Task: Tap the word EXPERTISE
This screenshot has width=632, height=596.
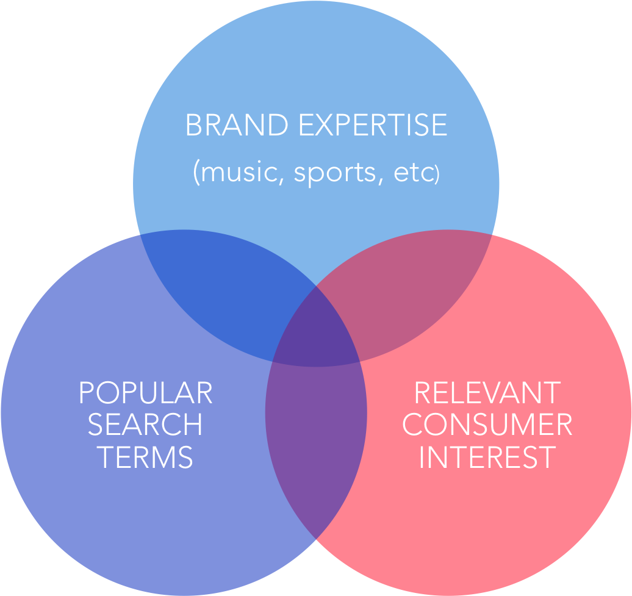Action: pyautogui.click(x=373, y=126)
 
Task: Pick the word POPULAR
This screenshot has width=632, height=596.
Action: pyautogui.click(x=145, y=393)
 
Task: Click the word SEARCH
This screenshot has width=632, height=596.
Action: pyautogui.click(x=145, y=425)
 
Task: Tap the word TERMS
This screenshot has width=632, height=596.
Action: pyautogui.click(x=145, y=457)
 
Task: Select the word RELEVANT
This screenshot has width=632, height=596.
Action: pyautogui.click(x=487, y=393)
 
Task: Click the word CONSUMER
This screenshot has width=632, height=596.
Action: pyautogui.click(x=487, y=425)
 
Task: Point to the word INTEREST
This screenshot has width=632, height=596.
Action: pyautogui.click(x=487, y=457)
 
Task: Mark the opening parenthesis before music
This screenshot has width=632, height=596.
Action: pyautogui.click(x=196, y=174)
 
